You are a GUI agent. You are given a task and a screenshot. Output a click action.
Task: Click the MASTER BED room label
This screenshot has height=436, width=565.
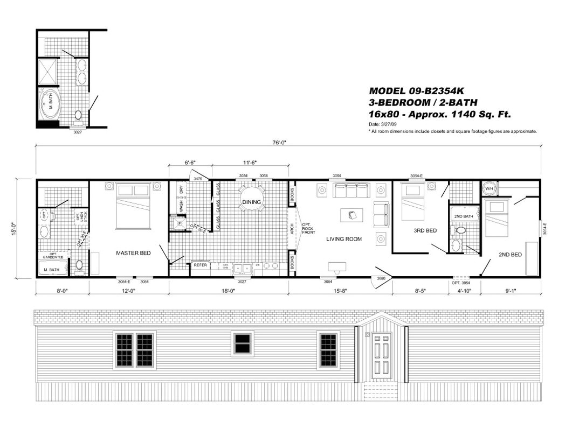[133, 252]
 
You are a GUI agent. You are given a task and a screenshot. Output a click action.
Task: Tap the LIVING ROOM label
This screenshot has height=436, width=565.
[343, 239]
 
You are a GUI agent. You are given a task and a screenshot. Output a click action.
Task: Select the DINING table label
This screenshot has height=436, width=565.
[251, 202]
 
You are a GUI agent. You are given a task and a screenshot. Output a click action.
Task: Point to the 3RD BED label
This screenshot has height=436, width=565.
[425, 230]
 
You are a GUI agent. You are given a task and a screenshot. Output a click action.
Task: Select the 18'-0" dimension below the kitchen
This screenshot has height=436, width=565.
[229, 292]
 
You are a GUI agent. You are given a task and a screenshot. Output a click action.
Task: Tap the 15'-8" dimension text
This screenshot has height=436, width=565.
[341, 292]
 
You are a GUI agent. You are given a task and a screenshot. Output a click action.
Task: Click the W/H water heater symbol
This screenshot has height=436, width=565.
[489, 189]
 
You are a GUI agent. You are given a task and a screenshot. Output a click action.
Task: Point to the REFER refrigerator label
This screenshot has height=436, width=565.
[200, 265]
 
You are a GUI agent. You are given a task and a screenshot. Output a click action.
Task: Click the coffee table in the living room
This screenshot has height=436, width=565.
[352, 215]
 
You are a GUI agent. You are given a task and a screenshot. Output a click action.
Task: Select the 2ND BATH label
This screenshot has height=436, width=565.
[463, 216]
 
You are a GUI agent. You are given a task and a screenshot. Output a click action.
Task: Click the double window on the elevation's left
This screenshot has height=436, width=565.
[135, 350]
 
